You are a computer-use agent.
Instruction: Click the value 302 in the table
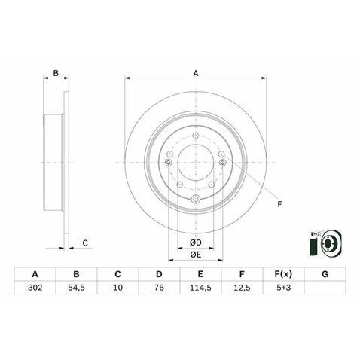pyautogui.click(x=35, y=288)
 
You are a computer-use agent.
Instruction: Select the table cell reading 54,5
pyautogui.click(x=76, y=288)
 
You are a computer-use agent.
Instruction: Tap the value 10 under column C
pyautogui.click(x=117, y=288)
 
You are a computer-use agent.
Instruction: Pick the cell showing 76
pyautogui.click(x=159, y=288)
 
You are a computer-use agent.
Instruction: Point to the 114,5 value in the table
pyautogui.click(x=200, y=288)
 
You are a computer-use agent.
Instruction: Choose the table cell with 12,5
pyautogui.click(x=242, y=288)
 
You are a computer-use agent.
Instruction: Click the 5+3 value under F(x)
pyautogui.click(x=282, y=288)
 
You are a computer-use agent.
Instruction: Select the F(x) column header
pyautogui.click(x=282, y=273)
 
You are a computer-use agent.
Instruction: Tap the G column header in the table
pyautogui.click(x=324, y=273)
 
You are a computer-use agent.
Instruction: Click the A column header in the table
pyautogui.click(x=35, y=273)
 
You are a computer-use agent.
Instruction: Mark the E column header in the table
pyautogui.click(x=200, y=273)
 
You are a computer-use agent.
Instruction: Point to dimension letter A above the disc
pyautogui.click(x=196, y=73)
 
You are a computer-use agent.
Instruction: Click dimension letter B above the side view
pyautogui.click(x=55, y=73)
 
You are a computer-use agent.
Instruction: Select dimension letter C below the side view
pyautogui.click(x=85, y=243)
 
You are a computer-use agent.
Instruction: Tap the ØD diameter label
pyautogui.click(x=195, y=242)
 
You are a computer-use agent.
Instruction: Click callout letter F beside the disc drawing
pyautogui.click(x=279, y=203)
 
